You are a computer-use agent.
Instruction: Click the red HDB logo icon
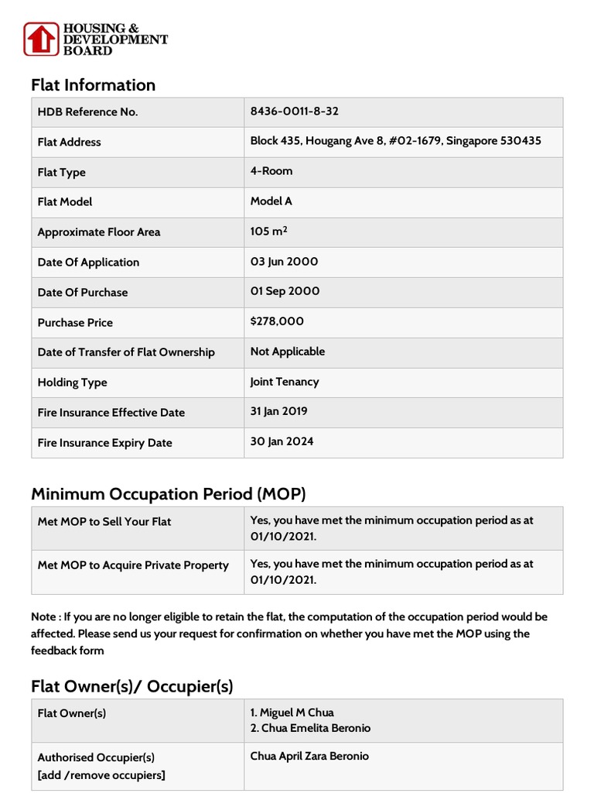[x=40, y=39]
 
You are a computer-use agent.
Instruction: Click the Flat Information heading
[x=93, y=85]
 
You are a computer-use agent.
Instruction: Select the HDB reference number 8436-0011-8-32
[x=294, y=111]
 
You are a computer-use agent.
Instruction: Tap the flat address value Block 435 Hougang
[x=395, y=141]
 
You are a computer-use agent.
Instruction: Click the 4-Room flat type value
[x=271, y=171]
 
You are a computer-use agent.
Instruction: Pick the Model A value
[x=271, y=201]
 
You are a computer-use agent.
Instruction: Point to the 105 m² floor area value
[x=271, y=232]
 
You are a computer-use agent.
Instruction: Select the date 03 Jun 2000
[x=284, y=262]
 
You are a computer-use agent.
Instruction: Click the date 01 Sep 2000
[x=285, y=292]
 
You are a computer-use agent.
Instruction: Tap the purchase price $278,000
[x=277, y=321]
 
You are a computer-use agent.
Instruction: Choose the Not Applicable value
[x=288, y=352]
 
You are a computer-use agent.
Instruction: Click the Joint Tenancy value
[x=285, y=382]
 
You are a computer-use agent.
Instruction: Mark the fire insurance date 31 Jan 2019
[x=278, y=412]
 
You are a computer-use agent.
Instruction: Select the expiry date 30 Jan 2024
[x=282, y=442]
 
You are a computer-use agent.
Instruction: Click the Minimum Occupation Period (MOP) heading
[x=169, y=493]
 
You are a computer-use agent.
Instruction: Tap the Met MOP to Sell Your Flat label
[x=104, y=522]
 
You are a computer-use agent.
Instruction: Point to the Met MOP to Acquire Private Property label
[x=133, y=565]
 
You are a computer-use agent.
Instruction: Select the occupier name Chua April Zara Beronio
[x=309, y=757]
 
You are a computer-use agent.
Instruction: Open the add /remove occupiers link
[x=101, y=775]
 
